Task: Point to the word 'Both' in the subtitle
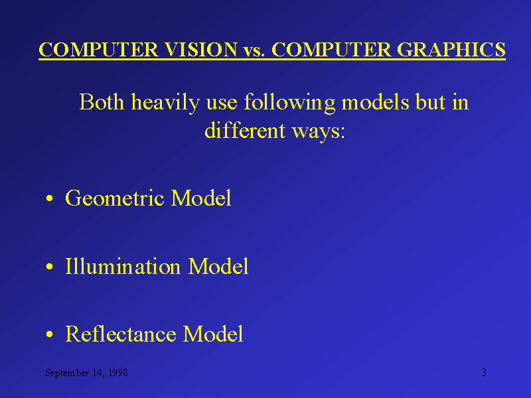click(102, 103)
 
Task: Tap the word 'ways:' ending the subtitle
click(319, 131)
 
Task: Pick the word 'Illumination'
click(123, 267)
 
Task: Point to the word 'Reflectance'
click(121, 334)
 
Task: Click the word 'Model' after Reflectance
click(213, 334)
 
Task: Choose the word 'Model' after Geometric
click(201, 198)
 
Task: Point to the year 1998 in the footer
click(117, 373)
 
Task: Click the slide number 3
click(484, 373)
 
